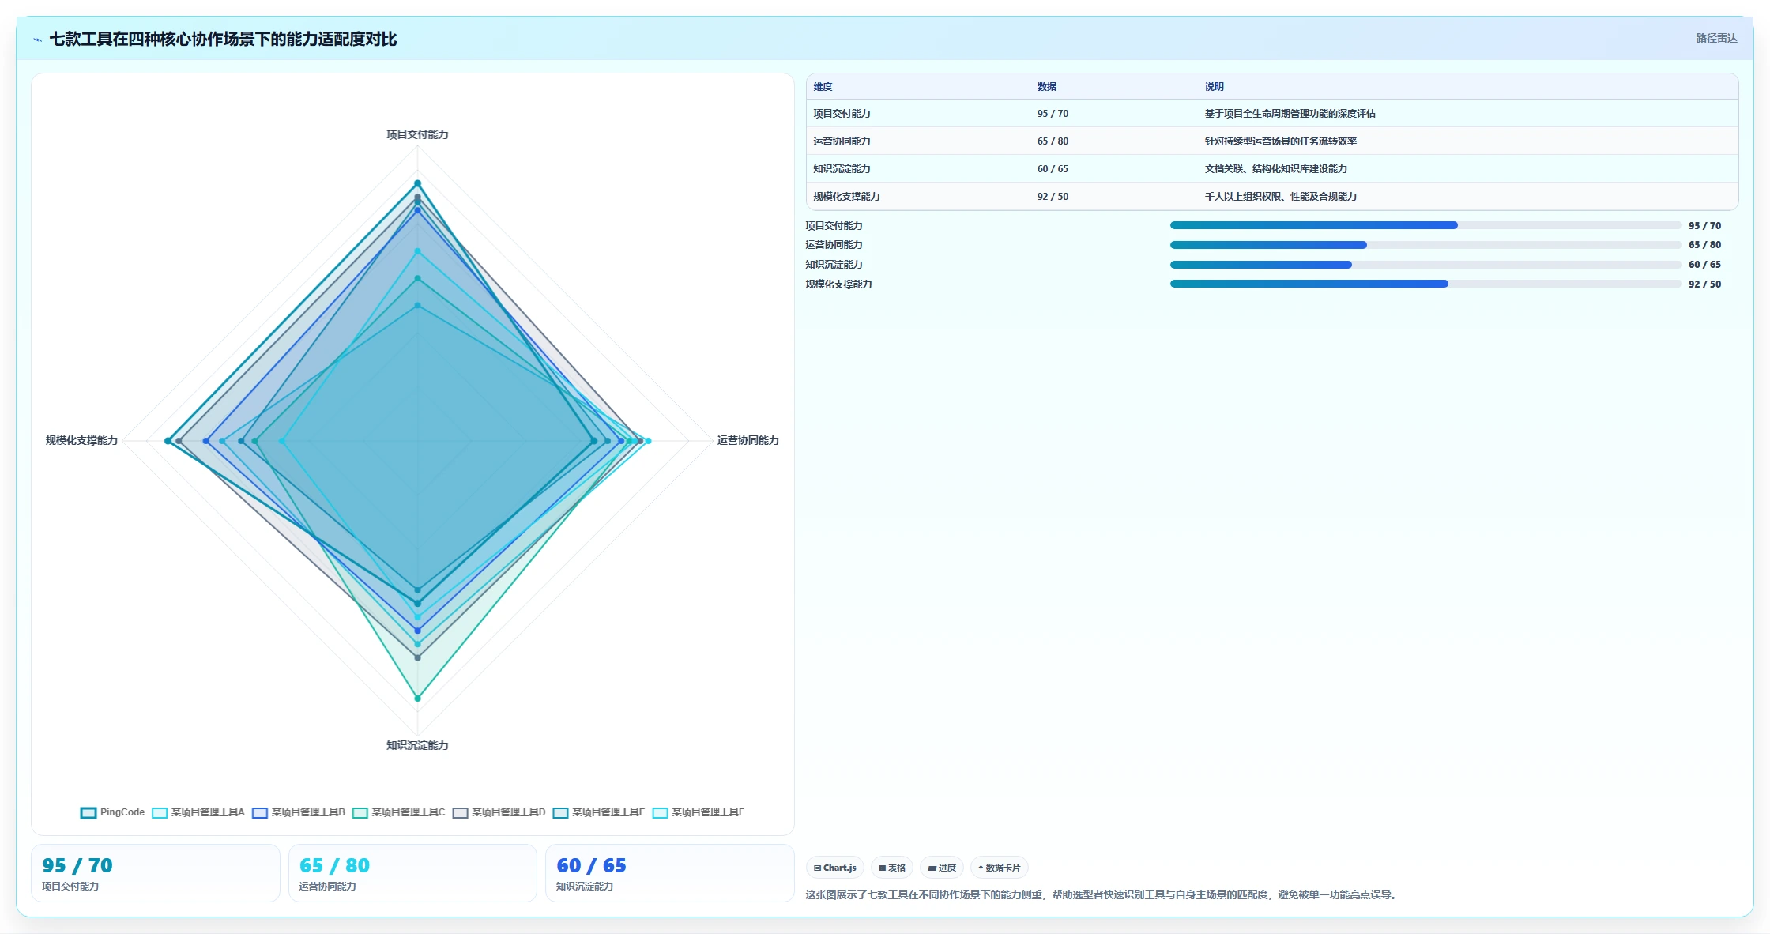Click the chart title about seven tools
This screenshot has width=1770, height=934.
click(223, 39)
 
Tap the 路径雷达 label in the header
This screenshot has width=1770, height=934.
click(1716, 38)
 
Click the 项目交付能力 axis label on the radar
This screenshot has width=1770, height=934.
click(417, 134)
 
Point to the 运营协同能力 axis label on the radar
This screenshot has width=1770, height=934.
click(748, 440)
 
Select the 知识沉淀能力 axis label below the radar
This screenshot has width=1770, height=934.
click(417, 745)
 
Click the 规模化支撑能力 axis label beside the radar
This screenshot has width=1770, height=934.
click(81, 440)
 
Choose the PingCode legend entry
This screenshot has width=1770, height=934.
click(113, 812)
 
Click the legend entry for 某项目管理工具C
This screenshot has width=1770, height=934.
click(399, 812)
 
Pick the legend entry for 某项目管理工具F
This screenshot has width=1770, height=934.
click(699, 812)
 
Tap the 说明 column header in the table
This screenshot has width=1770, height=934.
click(1214, 87)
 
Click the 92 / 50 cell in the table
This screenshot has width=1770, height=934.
click(1053, 197)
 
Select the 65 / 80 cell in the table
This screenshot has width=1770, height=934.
click(1053, 141)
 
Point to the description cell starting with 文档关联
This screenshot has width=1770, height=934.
click(1275, 169)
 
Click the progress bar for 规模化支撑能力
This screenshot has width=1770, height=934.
click(1425, 284)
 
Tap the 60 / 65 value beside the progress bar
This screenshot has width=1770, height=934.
click(1704, 265)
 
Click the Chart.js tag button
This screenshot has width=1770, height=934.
click(835, 868)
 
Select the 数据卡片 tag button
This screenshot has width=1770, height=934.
click(1000, 868)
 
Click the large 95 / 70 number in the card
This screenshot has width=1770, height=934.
click(77, 865)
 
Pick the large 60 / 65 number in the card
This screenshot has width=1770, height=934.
click(591, 865)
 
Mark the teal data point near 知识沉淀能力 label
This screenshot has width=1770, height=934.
click(418, 699)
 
